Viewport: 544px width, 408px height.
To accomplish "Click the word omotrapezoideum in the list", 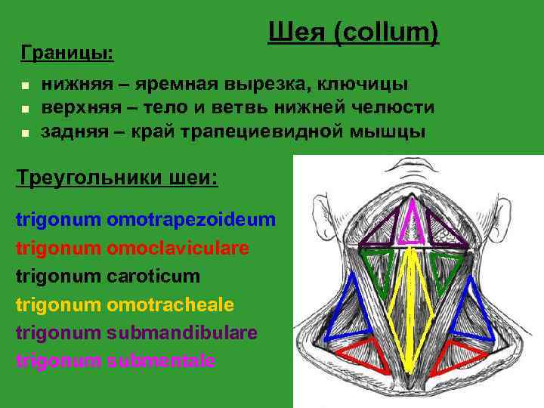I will tap(192, 220).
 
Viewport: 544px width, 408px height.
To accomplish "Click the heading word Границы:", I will tap(67, 53).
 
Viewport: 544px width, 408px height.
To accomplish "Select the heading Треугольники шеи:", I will tap(116, 178).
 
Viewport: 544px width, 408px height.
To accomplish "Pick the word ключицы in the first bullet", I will tap(367, 83).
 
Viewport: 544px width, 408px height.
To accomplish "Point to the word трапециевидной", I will tap(277, 131).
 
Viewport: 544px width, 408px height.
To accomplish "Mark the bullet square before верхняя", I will tap(25, 109).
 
